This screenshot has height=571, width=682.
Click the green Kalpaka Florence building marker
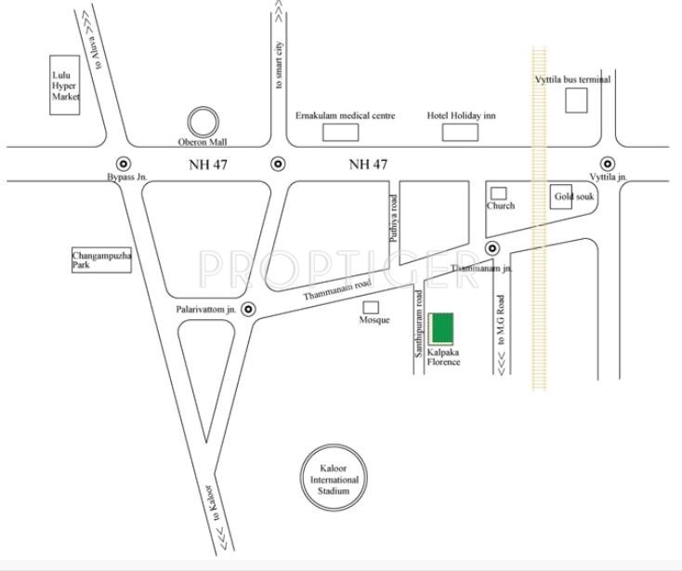(443, 329)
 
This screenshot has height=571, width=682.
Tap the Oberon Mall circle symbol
(202, 122)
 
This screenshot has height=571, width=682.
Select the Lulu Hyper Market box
(65, 85)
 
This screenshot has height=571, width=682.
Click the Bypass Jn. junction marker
(124, 164)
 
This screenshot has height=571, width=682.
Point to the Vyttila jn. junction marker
(607, 164)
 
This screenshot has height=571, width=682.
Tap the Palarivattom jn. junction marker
(247, 308)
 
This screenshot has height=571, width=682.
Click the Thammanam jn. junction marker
(492, 248)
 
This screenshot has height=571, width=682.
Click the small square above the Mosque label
(371, 307)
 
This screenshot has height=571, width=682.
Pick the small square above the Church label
(499, 193)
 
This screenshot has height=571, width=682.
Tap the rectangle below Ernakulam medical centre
(340, 132)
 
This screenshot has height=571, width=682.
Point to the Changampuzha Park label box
(101, 260)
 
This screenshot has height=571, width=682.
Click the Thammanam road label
(336, 289)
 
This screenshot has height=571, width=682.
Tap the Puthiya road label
(395, 219)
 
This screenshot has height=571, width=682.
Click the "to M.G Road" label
(501, 322)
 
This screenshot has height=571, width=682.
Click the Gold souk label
(572, 197)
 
